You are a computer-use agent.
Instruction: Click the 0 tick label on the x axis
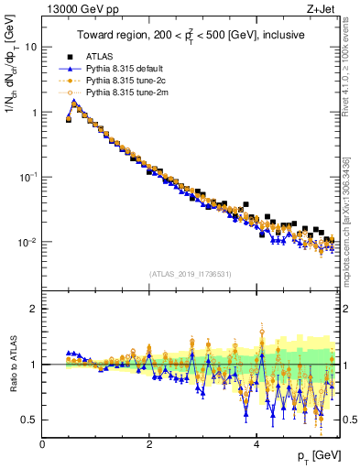pyautogui.click(x=42, y=444)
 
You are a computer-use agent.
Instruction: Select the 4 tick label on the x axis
pyautogui.click(x=256, y=444)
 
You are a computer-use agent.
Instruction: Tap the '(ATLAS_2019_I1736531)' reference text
pyautogui.click(x=190, y=274)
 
